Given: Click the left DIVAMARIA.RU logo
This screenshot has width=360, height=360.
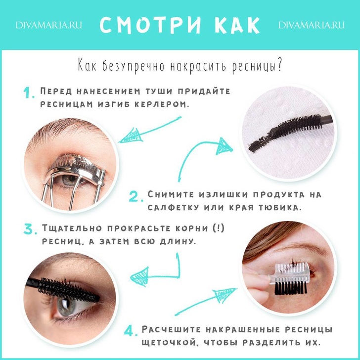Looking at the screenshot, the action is pos(48,25).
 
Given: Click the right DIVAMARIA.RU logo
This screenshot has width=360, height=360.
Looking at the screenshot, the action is pos(312,25).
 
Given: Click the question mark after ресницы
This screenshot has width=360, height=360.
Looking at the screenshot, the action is pos(279,65).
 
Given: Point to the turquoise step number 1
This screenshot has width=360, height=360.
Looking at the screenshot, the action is pos(29,93).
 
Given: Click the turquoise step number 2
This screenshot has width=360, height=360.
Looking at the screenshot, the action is pos(136,196).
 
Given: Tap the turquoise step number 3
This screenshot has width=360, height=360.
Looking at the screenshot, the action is pos(30,229).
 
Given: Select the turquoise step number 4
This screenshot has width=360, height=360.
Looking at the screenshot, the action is pos(131,331).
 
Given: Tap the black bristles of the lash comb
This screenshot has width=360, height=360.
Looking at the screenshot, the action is pos(291,288).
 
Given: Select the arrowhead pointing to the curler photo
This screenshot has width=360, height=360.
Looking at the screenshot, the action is pos(130,136).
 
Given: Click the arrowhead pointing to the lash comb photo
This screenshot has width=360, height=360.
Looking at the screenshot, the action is pos(224,295).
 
